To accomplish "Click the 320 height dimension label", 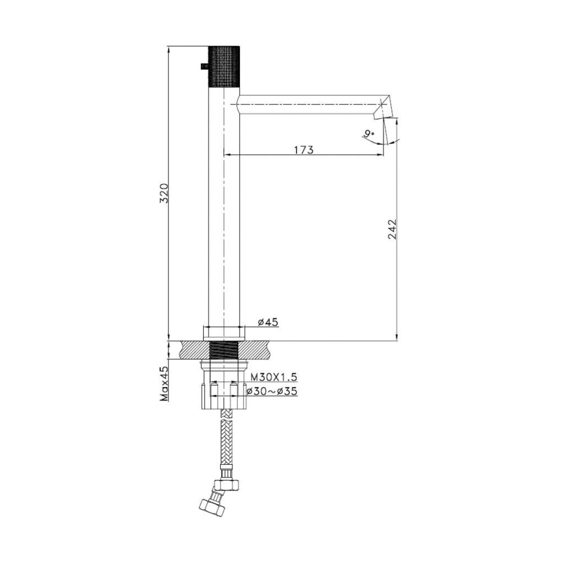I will [164, 193].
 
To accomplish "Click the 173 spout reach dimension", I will [303, 149].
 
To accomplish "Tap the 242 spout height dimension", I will [392, 229].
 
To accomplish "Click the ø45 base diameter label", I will [268, 322].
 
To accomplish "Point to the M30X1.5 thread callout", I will [274, 377].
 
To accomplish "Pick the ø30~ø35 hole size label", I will [272, 391].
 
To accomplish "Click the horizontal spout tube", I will [308, 104].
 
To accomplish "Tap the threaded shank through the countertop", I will [224, 350].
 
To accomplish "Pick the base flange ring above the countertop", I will [224, 332].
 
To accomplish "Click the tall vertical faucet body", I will [224, 220].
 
